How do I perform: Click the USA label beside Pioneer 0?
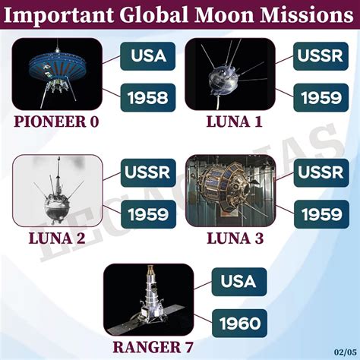(x=148, y=55)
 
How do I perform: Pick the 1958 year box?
(x=148, y=96)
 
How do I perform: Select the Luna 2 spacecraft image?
(x=58, y=191)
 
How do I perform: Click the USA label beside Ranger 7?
(x=238, y=281)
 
